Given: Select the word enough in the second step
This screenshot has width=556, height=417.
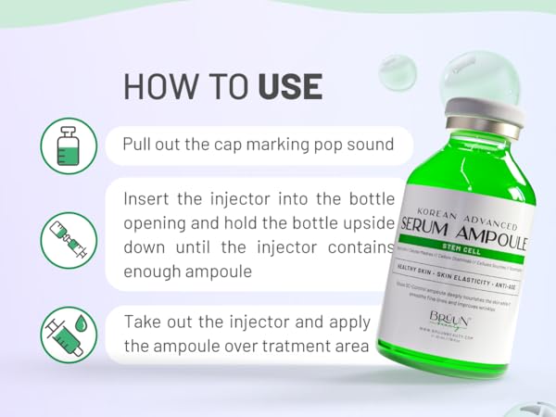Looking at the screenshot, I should pyautogui.click(x=153, y=272).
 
